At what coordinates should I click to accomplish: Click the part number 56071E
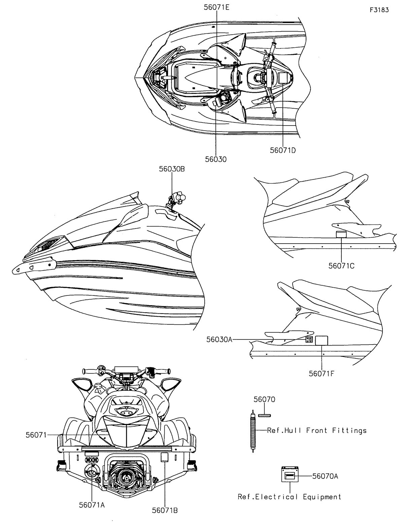pos(217,7)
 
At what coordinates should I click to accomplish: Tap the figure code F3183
pos(379,10)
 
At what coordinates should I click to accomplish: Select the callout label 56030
pos(215,159)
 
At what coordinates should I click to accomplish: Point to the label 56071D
pos(283,150)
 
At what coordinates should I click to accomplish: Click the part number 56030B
pos(172,170)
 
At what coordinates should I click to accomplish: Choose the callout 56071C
pos(341,266)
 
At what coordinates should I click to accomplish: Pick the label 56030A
pos(220,340)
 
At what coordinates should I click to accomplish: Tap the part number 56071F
pos(322,373)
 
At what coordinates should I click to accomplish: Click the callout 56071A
pos(92,505)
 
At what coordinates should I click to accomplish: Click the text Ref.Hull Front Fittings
pos(317,430)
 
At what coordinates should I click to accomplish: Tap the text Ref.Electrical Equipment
pos(290,497)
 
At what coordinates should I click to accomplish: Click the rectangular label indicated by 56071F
pos(322,340)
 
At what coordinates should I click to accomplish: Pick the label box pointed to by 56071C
pos(341,235)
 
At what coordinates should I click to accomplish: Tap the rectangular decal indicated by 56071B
pos(164,457)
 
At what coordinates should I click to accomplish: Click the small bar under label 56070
pos(264,415)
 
